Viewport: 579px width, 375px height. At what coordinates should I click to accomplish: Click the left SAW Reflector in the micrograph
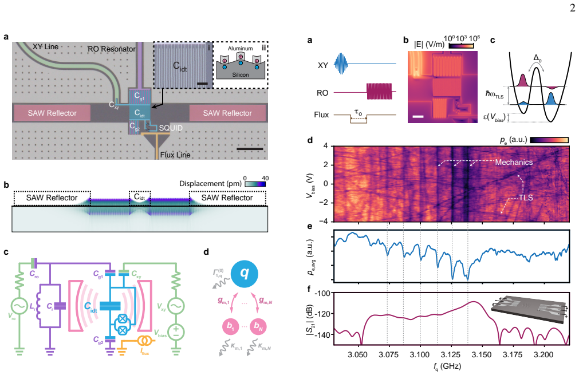click(52, 113)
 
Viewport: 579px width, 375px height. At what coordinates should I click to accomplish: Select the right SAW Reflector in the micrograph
click(227, 113)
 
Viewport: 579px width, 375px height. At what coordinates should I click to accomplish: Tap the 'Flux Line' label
click(175, 155)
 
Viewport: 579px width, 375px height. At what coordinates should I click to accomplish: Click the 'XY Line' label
click(45, 47)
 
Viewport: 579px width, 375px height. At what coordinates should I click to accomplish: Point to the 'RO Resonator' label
click(112, 49)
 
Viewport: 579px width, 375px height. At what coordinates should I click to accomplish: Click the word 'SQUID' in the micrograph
click(171, 128)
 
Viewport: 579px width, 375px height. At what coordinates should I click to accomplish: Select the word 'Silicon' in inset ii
click(241, 75)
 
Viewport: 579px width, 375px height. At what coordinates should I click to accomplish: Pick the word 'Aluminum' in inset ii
click(241, 48)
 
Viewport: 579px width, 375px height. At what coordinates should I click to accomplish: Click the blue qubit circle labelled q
click(244, 274)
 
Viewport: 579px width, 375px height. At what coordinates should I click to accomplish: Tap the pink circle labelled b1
click(230, 326)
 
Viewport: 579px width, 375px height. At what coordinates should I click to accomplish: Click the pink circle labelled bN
click(258, 326)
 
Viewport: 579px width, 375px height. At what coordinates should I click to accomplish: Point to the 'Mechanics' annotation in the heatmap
click(514, 162)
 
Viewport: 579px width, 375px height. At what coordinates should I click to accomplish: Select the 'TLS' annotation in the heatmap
click(526, 198)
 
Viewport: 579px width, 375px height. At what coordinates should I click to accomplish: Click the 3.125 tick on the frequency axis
click(451, 355)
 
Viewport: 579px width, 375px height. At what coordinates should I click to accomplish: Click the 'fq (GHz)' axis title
click(447, 366)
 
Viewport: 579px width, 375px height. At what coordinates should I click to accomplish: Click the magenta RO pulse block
click(379, 91)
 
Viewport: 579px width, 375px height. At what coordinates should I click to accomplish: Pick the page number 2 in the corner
click(572, 8)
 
